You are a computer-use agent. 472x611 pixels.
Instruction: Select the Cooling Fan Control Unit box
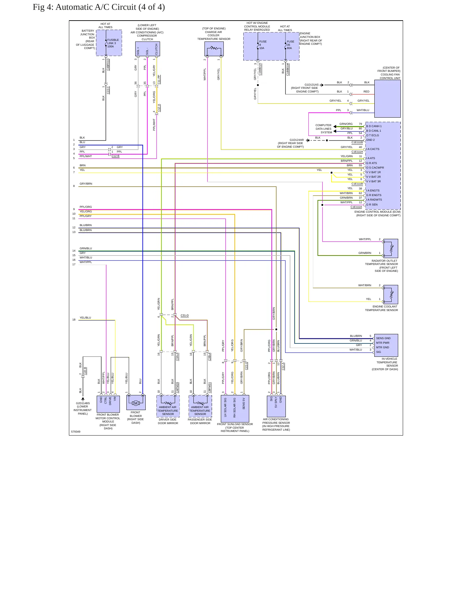(387, 99)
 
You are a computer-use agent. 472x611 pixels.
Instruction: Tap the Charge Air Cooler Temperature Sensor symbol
(214, 49)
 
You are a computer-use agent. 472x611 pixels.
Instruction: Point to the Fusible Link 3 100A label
(113, 43)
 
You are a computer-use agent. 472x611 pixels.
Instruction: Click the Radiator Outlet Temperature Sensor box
(391, 248)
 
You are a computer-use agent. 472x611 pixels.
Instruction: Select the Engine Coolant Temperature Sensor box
(391, 294)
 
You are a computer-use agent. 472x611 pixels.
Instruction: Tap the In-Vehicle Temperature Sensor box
(386, 345)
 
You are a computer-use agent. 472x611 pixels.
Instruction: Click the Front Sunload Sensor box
(235, 408)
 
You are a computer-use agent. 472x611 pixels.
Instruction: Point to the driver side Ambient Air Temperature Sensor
(168, 406)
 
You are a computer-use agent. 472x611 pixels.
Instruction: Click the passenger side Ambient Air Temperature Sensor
(200, 406)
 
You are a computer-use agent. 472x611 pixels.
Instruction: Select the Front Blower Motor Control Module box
(108, 404)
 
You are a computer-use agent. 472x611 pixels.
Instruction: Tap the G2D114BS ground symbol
(83, 399)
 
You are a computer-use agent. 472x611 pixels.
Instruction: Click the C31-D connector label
(185, 315)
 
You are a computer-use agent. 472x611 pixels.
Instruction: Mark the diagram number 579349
(76, 432)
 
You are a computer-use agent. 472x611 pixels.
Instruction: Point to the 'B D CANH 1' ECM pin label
(374, 126)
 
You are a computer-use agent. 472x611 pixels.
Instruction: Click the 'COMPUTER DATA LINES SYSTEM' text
(323, 129)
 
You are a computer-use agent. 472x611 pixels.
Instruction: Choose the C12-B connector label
(115, 156)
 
